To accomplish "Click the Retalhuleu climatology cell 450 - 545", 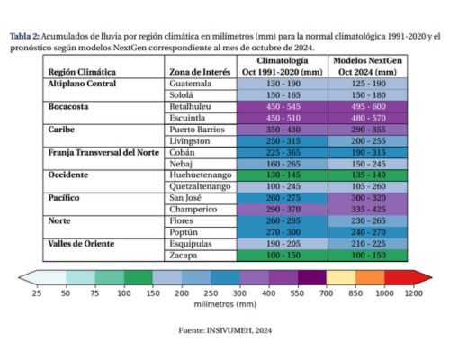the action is click(283, 107).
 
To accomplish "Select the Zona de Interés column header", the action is click(200, 72).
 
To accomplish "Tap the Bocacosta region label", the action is click(68, 107).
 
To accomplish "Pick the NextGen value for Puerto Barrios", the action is click(368, 130).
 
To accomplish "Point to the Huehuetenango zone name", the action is click(201, 175).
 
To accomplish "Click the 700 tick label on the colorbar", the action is click(326, 293).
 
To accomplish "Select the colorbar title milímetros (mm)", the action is click(225, 304).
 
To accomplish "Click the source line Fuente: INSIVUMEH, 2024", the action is click(225, 330).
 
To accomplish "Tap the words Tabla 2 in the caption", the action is click(24, 37).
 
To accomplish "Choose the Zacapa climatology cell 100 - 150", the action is click(283, 256).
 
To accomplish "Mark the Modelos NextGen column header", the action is click(368, 67).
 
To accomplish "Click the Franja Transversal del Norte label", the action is click(103, 152).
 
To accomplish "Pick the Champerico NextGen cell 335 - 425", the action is click(368, 210).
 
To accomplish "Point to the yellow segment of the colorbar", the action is click(341, 277).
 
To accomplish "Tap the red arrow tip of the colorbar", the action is click(431, 277).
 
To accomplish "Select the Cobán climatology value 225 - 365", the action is click(283, 152).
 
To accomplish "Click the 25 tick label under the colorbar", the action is click(37, 293).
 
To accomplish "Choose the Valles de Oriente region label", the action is click(81, 244).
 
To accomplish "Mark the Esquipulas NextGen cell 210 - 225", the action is click(368, 244).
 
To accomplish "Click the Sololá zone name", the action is click(181, 95).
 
